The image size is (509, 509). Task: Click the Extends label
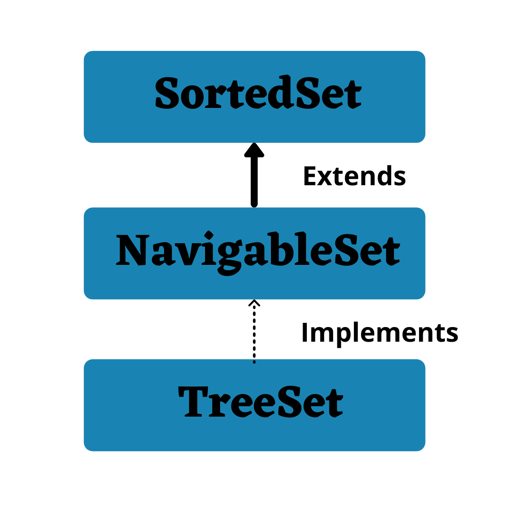pos(354,177)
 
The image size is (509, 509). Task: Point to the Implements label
pos(379,333)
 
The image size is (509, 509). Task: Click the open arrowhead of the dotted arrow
pos(254,303)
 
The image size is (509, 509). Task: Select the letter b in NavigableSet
pos(279,249)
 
